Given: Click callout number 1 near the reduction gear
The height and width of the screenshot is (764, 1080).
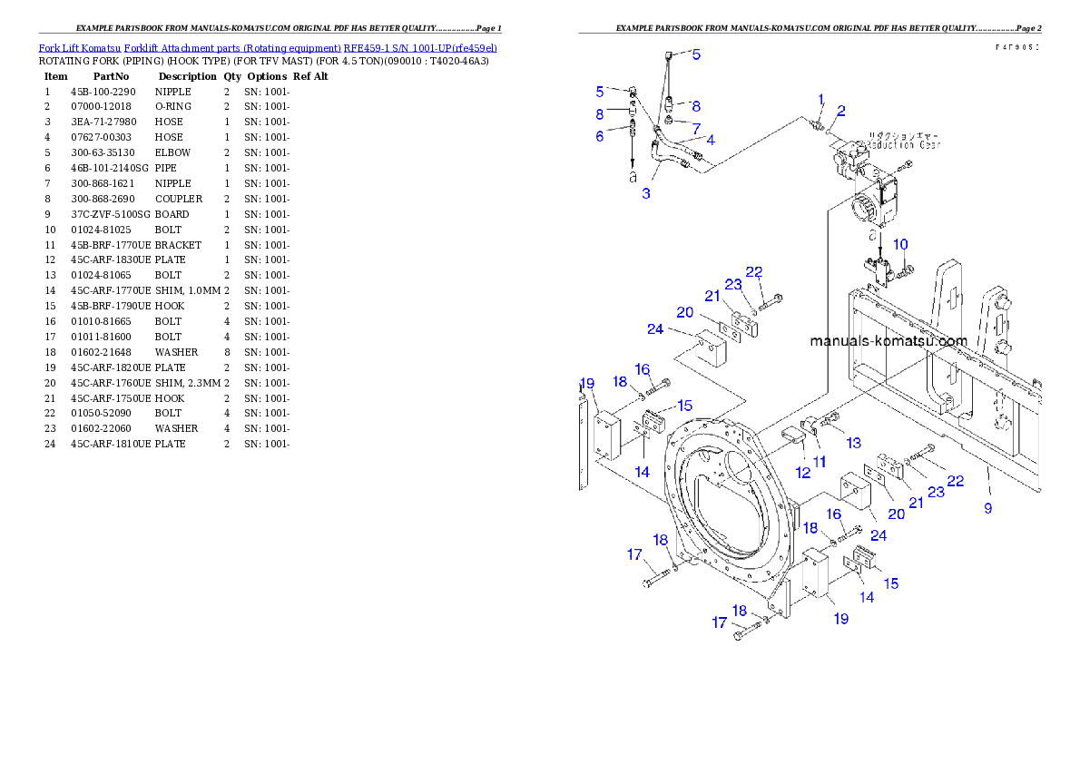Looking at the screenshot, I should [x=820, y=99].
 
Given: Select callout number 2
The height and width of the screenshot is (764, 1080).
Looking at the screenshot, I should [x=841, y=112].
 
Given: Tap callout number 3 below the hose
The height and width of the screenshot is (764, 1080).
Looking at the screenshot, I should [x=646, y=193].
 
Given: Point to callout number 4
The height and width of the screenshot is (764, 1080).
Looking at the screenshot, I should [x=710, y=140].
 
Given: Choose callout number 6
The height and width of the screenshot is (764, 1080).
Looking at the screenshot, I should [x=600, y=136].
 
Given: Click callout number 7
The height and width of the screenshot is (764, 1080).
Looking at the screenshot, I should [x=696, y=129].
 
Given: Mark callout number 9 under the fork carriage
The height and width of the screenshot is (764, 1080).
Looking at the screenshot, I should [x=988, y=508].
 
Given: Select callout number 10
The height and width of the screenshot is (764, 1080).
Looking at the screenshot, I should [x=900, y=245].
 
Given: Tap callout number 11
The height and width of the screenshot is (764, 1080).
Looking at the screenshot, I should [x=820, y=462].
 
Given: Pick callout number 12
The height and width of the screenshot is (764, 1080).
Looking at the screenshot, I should [x=802, y=474].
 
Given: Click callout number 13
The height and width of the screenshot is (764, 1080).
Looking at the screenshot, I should [x=853, y=443].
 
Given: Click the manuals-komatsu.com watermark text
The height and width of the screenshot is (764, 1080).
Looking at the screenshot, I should [x=888, y=342].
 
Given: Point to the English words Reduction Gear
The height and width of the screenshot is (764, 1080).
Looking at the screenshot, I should [x=904, y=144].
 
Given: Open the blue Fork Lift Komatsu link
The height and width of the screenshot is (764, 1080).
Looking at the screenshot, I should [x=268, y=47].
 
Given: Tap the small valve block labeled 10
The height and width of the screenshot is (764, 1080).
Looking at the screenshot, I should [x=879, y=270].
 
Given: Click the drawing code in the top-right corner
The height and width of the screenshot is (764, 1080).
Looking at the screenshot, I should [x=1017, y=46].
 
